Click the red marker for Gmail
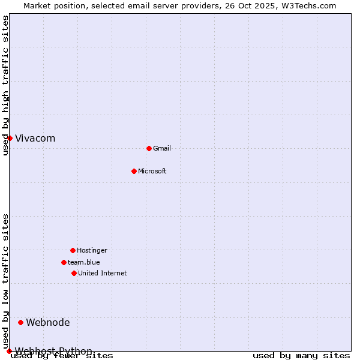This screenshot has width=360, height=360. coord(149,148)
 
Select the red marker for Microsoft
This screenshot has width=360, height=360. coord(134,171)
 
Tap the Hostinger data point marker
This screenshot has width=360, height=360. coord(73,250)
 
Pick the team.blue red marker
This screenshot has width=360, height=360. coord(64,262)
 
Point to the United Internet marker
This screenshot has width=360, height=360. coord(74,273)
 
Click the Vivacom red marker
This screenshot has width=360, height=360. coord(10,138)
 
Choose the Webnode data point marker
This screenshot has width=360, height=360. coord(20,322)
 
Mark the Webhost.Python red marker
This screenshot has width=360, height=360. coord(9,351)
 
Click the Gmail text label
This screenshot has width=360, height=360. coord(162,148)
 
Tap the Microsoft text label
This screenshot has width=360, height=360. coord(152,171)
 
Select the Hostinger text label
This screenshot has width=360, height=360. coord(92,250)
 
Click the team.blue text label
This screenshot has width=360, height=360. coord(84,262)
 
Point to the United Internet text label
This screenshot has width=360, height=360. coord(103,273)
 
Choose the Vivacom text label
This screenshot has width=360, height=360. coord(35,138)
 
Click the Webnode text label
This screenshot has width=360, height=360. coord(48,322)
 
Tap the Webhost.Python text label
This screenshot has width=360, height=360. coord(54,351)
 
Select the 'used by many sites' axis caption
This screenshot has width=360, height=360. coord(301,356)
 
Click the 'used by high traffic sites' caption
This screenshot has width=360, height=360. coord(6,85)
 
